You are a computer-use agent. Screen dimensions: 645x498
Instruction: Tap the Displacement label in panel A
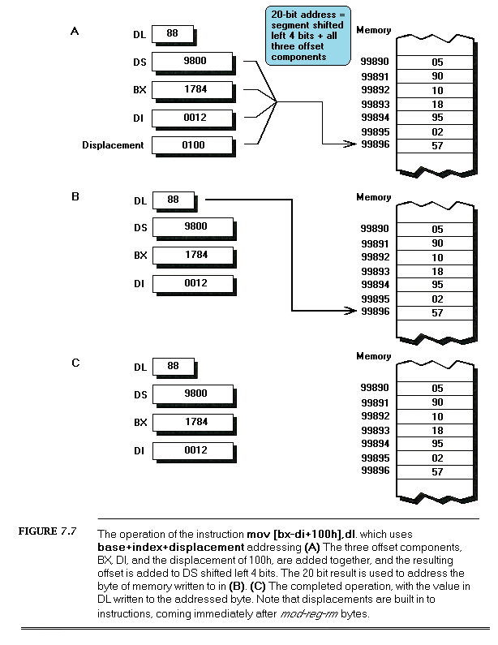click(x=113, y=146)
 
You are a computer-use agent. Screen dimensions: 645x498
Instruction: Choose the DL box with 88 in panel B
click(x=173, y=200)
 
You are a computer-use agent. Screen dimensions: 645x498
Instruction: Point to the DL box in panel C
click(x=173, y=367)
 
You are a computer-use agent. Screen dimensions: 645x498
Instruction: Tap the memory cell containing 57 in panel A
click(x=437, y=144)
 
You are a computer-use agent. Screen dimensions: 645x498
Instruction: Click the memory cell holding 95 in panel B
click(x=437, y=285)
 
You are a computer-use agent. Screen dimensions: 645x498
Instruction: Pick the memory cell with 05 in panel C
click(x=437, y=389)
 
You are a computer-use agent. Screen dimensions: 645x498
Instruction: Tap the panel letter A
click(x=75, y=32)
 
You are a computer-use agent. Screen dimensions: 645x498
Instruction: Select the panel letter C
click(x=75, y=363)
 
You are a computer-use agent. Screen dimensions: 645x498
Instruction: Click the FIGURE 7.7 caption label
click(x=47, y=532)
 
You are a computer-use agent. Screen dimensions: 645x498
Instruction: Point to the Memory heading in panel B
click(x=373, y=197)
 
